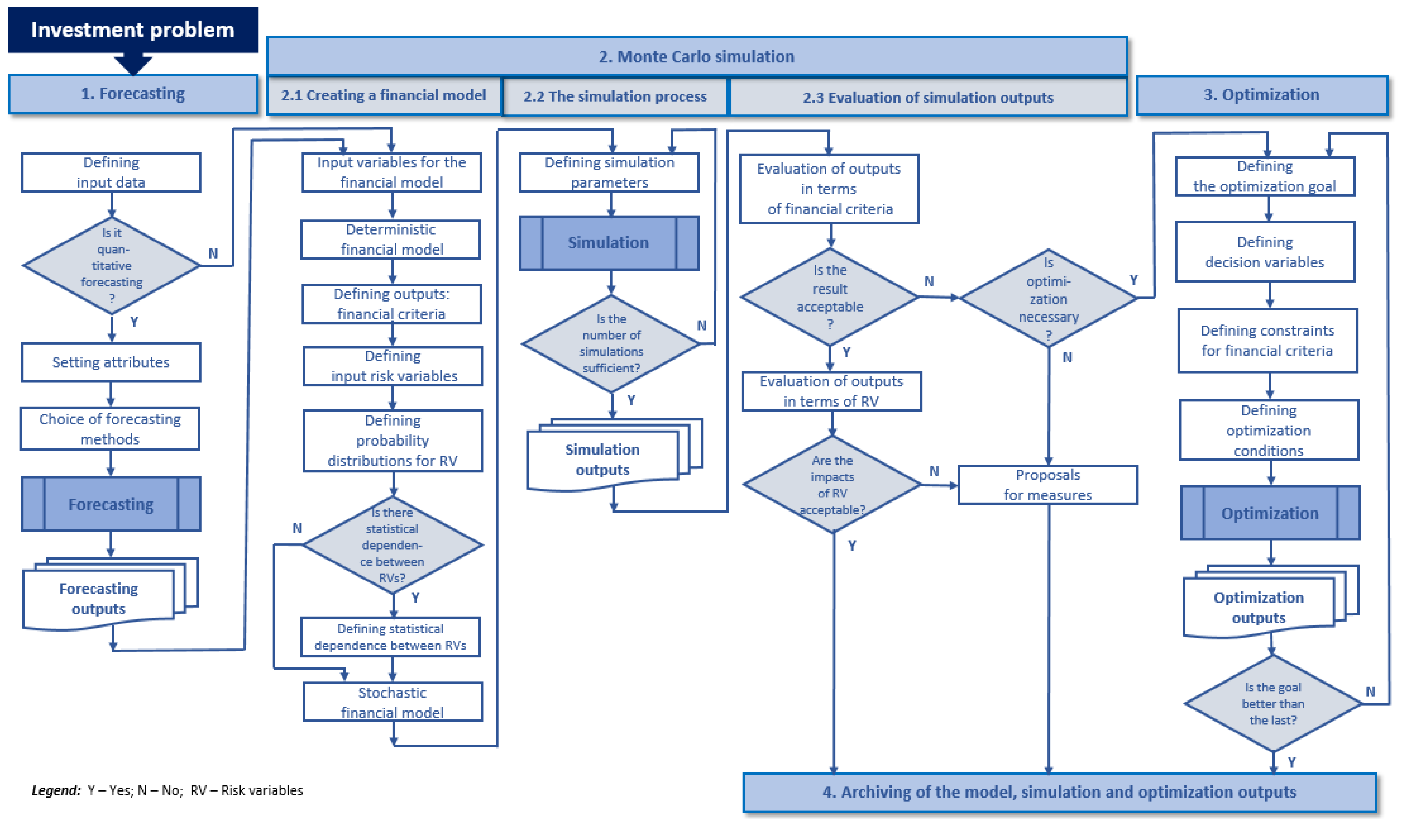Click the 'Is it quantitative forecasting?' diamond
click(111, 265)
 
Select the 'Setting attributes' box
click(111, 362)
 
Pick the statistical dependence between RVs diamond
click(392, 545)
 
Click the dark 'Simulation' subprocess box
click(609, 243)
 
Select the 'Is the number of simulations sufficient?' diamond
click(611, 344)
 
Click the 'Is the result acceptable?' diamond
click(829, 297)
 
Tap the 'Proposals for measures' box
click(1047, 485)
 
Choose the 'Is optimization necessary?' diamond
click(1048, 298)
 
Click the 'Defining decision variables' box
click(1265, 252)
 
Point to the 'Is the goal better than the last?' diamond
click(1272, 704)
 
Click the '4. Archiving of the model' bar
click(1059, 792)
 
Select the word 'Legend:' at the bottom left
click(56, 791)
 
